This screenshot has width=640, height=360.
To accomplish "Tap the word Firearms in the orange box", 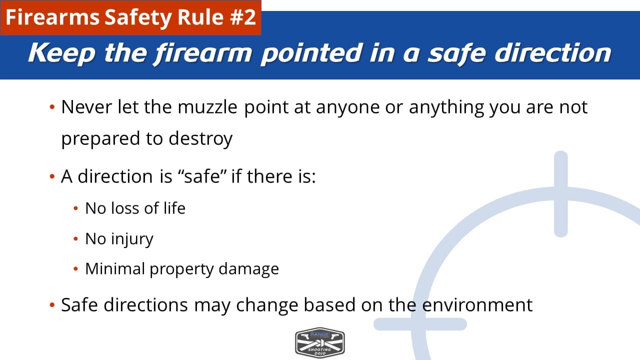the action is tap(52, 17).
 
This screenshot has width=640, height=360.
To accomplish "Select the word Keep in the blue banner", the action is tap(61, 53).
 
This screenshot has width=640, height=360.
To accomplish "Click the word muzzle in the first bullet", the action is tap(207, 107).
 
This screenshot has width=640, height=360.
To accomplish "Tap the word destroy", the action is tap(200, 139).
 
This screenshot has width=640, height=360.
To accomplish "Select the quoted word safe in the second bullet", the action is tap(202, 176).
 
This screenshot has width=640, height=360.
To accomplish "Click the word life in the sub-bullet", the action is tap(174, 208).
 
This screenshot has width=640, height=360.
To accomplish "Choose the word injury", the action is tap(132, 239).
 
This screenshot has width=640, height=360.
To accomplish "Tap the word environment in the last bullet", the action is tap(477, 305).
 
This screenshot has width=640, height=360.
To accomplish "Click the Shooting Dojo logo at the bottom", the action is tap(319, 342).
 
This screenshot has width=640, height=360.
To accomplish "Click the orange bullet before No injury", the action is tap(75, 239).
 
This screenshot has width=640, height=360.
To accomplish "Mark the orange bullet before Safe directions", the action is tap(52, 305).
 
